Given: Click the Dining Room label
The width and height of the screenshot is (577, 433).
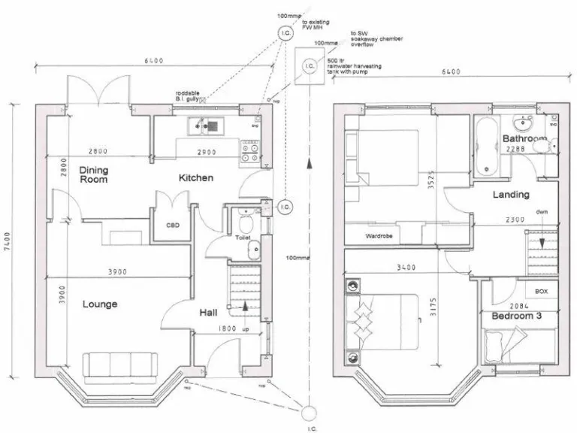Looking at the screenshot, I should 94,175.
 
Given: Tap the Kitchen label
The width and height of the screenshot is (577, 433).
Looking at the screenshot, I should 196,178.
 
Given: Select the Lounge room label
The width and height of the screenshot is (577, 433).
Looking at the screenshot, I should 100,304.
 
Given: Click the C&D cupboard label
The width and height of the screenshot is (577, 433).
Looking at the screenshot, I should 173,225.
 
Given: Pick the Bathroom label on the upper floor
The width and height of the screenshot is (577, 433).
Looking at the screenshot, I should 524,140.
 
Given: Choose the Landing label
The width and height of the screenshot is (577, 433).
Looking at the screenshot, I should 510,195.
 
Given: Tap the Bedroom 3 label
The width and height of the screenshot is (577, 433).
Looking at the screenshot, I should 516,316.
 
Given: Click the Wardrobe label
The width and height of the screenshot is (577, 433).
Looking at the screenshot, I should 379,236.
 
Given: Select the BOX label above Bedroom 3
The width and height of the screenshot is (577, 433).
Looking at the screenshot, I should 541,291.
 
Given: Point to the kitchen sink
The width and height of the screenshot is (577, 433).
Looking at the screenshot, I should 204,127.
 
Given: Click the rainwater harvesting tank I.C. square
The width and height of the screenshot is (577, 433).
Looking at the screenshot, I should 310,66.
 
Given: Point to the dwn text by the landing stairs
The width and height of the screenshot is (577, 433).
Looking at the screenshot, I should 542,212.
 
